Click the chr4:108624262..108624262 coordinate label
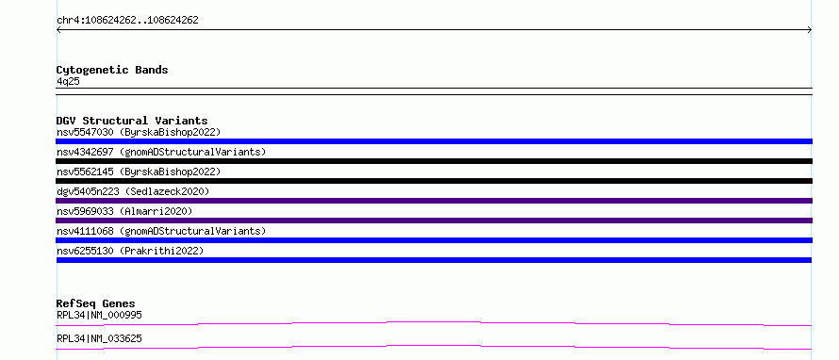(127, 21)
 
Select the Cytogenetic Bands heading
(112, 70)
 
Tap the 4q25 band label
(69, 82)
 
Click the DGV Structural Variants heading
(132, 121)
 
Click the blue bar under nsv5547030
(434, 141)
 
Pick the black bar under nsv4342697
(434, 161)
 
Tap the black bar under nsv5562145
(434, 181)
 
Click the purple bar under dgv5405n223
(434, 201)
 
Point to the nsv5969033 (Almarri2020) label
(124, 211)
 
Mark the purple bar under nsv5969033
(434, 221)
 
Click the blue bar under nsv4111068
(434, 240)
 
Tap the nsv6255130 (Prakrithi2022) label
(130, 251)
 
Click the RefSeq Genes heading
(96, 303)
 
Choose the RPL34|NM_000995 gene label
(100, 315)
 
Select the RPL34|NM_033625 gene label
(100, 338)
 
